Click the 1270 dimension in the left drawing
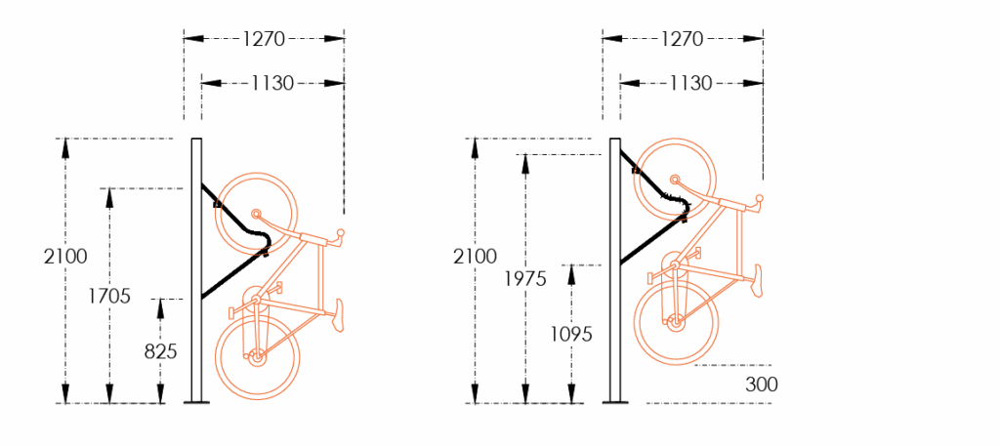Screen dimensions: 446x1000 (264, 39)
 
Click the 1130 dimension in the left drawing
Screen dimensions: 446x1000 (272, 84)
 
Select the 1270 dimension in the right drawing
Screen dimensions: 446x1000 (682, 39)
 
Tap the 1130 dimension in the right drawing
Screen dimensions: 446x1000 (690, 84)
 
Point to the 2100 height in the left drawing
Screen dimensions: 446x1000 (65, 257)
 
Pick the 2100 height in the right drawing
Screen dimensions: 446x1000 (475, 257)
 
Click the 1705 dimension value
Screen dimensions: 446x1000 (109, 297)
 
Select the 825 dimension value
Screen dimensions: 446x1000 (160, 351)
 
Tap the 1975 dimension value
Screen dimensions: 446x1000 (527, 278)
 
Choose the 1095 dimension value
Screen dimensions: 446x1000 (571, 334)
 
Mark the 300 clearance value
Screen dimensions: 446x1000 (762, 385)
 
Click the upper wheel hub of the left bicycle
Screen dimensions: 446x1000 (256, 214)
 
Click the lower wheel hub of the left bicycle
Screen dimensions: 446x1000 (257, 358)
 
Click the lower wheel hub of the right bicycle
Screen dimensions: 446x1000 (674, 319)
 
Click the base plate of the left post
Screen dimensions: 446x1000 (195, 401)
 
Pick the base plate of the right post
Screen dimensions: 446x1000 (615, 401)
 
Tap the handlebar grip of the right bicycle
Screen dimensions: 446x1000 (758, 203)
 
